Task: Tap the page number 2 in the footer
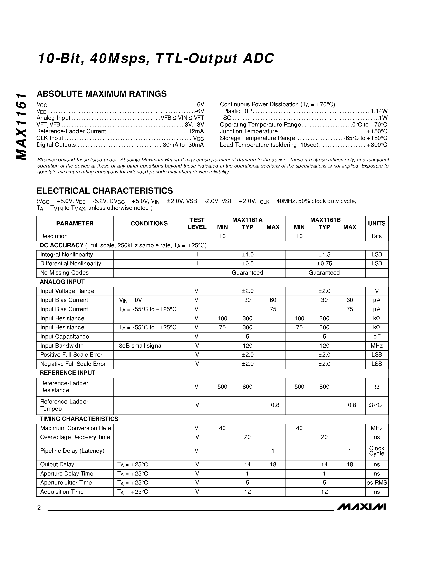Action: tap(39, 508)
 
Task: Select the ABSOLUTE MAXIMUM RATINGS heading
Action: tap(102, 94)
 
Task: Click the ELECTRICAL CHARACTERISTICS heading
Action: tap(105, 191)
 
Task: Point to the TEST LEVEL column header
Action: tap(197, 223)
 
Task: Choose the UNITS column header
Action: tap(376, 223)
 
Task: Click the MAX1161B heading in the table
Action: tap(325, 220)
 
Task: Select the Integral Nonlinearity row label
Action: tap(66, 255)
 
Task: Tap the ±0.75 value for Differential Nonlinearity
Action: tap(324, 264)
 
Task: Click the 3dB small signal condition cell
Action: tap(141, 346)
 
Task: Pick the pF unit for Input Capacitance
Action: tap(376, 336)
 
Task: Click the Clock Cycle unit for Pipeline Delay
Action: tap(376, 451)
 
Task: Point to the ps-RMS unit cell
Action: tap(376, 483)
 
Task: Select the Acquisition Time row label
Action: tap(62, 492)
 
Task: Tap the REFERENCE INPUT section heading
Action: tap(67, 373)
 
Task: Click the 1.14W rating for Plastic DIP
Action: tap(379, 111)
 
